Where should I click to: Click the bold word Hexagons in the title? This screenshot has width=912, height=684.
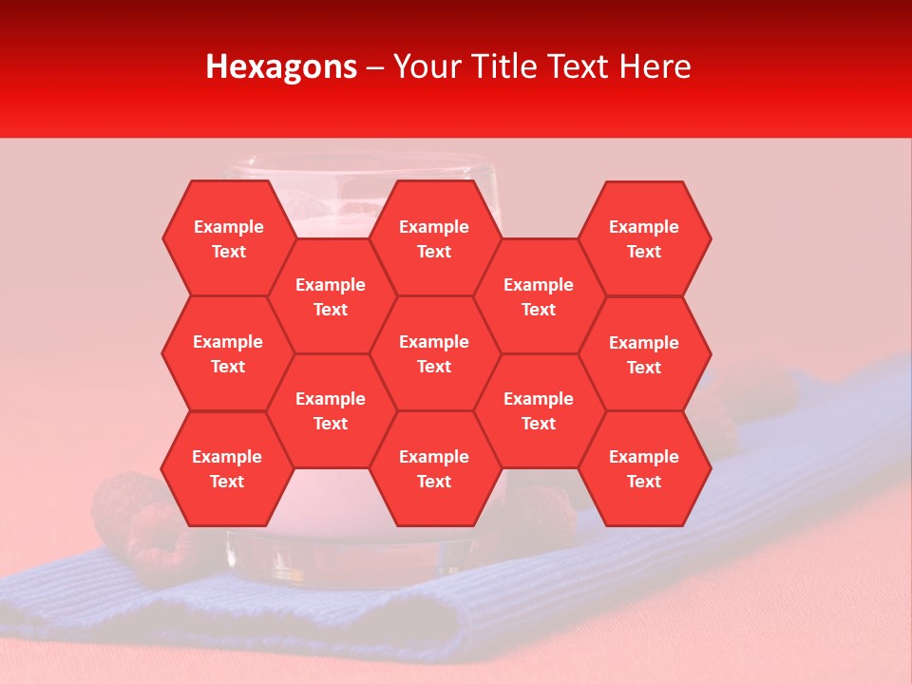pyautogui.click(x=281, y=66)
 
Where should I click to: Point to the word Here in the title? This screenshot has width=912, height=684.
pyautogui.click(x=655, y=66)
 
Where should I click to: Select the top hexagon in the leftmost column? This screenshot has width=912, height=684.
pyautogui.click(x=228, y=238)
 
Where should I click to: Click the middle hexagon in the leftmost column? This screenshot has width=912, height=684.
pyautogui.click(x=228, y=353)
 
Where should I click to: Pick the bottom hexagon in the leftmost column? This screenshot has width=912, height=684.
pyautogui.click(x=227, y=468)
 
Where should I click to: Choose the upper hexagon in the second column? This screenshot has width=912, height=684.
pyautogui.click(x=331, y=296)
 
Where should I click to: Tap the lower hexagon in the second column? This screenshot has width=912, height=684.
pyautogui.click(x=331, y=410)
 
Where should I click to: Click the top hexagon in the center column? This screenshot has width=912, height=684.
pyautogui.click(x=434, y=238)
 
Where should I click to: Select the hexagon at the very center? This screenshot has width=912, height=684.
pyautogui.click(x=434, y=353)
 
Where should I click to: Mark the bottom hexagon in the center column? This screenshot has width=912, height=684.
pyautogui.click(x=434, y=468)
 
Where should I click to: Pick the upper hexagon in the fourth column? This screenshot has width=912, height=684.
pyautogui.click(x=539, y=296)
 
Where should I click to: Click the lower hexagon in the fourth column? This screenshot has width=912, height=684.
pyautogui.click(x=539, y=410)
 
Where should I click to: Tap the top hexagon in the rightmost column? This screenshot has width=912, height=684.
pyautogui.click(x=644, y=238)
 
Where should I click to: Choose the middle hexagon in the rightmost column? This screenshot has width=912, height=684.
pyautogui.click(x=644, y=354)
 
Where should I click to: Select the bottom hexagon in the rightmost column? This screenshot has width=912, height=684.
pyautogui.click(x=644, y=468)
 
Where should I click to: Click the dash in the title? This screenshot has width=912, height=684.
pyautogui.click(x=375, y=67)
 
